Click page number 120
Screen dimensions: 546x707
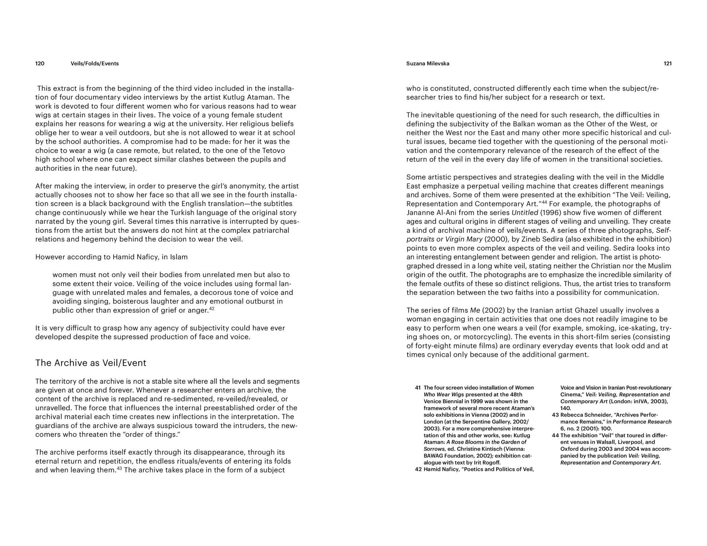(40, 64)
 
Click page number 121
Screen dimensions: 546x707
(667, 64)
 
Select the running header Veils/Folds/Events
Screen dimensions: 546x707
(95, 64)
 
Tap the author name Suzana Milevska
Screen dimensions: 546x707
(428, 64)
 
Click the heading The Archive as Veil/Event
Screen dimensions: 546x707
(91, 363)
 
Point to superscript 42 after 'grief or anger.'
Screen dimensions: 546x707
(212, 309)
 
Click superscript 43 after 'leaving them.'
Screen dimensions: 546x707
(119, 468)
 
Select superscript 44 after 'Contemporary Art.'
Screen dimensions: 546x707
(545, 202)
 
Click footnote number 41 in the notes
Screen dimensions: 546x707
(418, 388)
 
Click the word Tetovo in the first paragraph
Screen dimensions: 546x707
(273, 151)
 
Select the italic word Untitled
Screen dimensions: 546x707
(525, 213)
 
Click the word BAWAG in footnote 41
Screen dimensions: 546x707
(433, 456)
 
